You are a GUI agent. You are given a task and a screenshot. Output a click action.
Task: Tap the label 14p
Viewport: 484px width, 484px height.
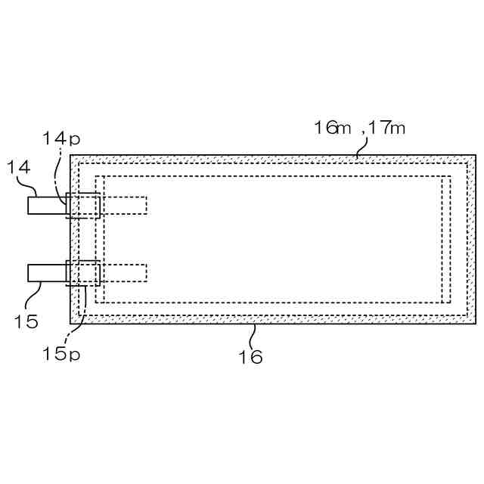tap(60, 138)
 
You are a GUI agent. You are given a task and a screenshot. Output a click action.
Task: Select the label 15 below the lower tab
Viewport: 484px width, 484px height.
tap(25, 321)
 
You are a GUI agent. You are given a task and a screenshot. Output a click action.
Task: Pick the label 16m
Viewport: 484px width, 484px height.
tap(333, 127)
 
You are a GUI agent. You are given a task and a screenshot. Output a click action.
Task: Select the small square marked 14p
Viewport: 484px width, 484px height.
tap(83, 206)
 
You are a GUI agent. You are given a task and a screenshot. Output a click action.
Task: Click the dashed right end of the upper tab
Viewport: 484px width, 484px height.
tap(125, 205)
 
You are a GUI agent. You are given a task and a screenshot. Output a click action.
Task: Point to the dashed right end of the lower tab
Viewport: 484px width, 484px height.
tap(125, 272)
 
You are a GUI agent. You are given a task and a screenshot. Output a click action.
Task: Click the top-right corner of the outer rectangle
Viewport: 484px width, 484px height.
tap(476, 155)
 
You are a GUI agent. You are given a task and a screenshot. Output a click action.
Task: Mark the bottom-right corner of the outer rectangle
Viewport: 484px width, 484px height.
tap(476, 324)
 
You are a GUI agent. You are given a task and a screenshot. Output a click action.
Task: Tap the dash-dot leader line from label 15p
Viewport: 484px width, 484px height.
tap(83, 312)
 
